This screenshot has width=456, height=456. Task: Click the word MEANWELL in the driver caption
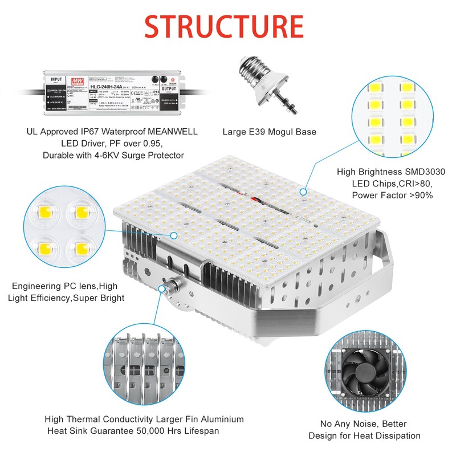[169, 132]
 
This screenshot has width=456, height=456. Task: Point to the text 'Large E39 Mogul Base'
[269, 132]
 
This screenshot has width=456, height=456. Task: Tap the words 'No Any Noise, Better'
[363, 424]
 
